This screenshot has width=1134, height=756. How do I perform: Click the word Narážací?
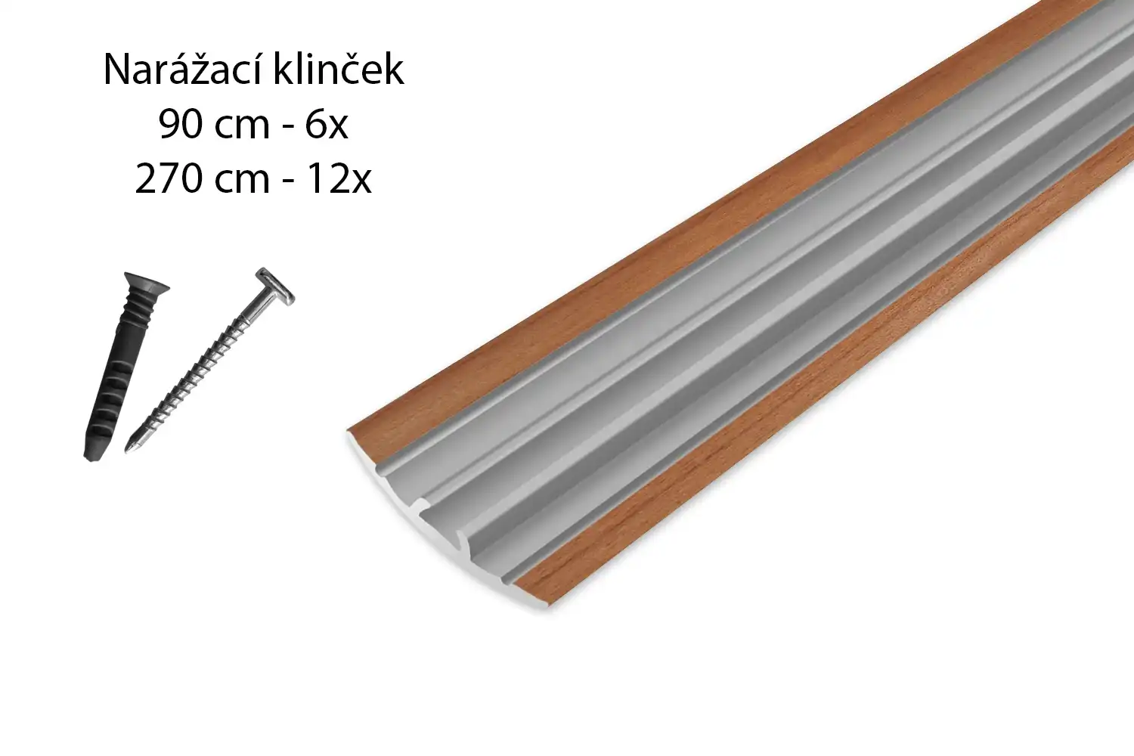coord(184,70)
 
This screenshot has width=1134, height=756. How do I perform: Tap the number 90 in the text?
coord(180,125)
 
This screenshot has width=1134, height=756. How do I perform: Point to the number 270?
coord(168,179)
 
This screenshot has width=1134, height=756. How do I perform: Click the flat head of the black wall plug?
coord(147,281)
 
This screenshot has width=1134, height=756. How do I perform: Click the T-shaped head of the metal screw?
coord(274,287)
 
